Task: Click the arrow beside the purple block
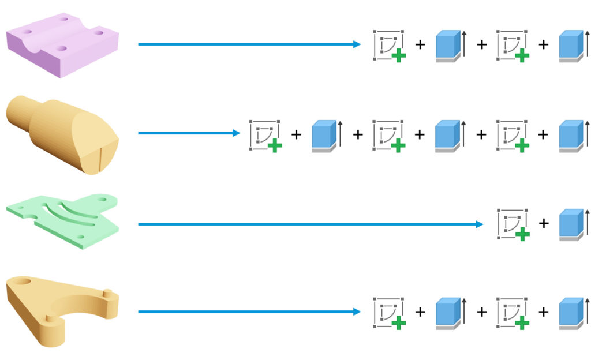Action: tap(249, 44)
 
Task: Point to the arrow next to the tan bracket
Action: tap(249, 312)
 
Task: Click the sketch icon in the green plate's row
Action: tap(513, 224)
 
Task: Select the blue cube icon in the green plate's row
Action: tap(573, 224)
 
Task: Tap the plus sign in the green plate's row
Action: tap(543, 224)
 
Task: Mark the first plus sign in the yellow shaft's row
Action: tap(296, 135)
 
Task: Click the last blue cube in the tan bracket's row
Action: tap(573, 313)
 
